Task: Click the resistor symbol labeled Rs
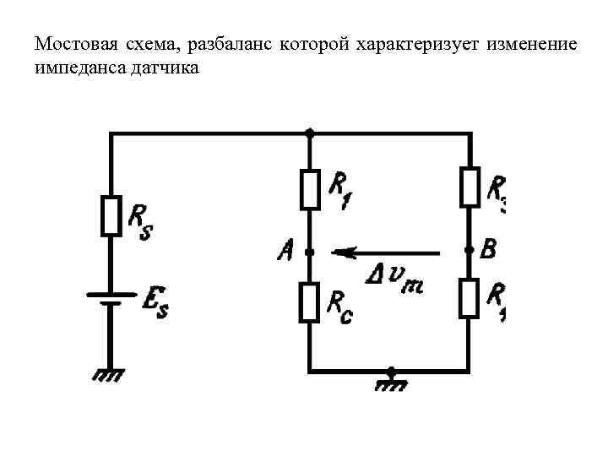(x=111, y=216)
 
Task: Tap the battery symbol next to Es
(x=111, y=299)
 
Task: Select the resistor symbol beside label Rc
(x=310, y=303)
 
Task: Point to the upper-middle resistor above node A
(x=310, y=188)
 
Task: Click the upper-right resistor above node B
(x=470, y=187)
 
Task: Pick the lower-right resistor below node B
(x=470, y=298)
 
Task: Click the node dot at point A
(x=310, y=252)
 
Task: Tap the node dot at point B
(x=470, y=251)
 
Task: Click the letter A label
(x=286, y=250)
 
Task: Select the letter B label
(x=488, y=249)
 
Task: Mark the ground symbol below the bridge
(x=390, y=382)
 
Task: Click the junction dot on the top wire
(x=310, y=133)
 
